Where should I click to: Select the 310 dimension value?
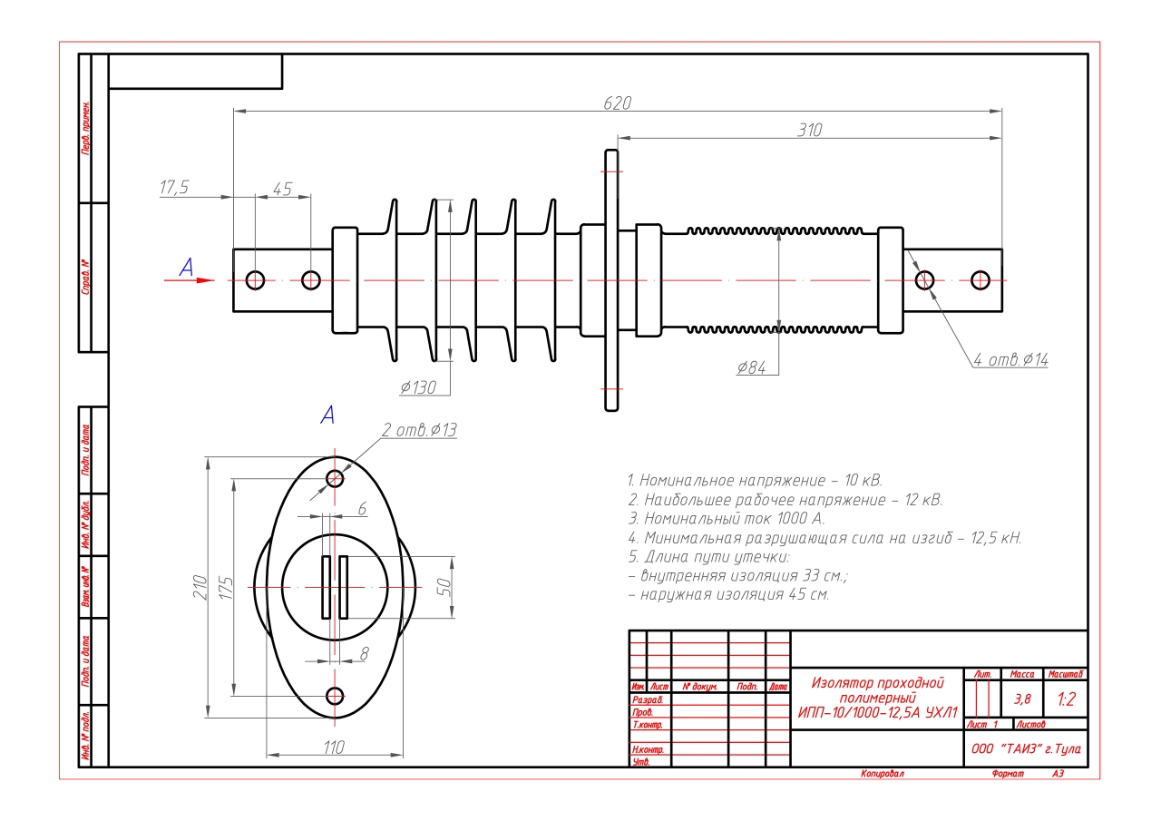tap(809, 130)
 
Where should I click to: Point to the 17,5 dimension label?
tap(173, 188)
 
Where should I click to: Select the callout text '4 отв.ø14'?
tap(1010, 359)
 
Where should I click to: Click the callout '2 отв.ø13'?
tap(419, 430)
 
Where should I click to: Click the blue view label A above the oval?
tap(328, 415)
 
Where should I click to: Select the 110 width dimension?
tap(334, 748)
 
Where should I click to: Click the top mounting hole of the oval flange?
tap(336, 477)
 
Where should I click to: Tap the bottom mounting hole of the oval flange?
tap(336, 696)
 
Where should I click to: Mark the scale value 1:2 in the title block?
tap(1066, 699)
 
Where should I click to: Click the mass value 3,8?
tap(1022, 699)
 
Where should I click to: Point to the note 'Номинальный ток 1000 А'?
tap(726, 519)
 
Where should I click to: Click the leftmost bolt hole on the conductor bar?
tap(255, 279)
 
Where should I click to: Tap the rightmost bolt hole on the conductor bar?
tap(980, 279)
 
